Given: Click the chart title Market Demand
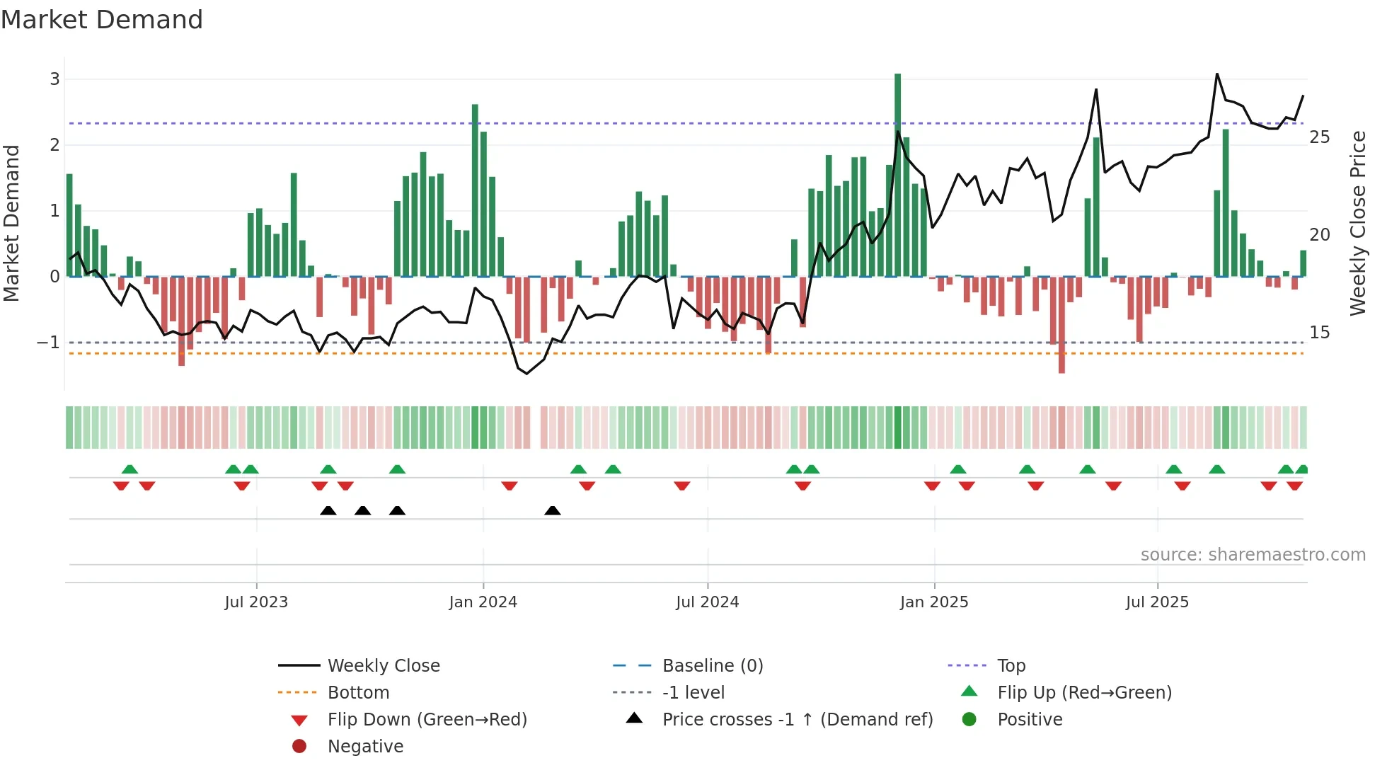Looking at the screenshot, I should [x=102, y=20].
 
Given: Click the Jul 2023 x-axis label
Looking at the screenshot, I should [x=256, y=602].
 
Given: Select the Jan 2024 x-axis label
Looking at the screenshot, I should [x=483, y=602].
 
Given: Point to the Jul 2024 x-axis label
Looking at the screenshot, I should [x=707, y=602].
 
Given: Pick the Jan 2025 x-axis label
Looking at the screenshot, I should [x=934, y=602].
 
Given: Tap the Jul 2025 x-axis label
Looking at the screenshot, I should [x=1157, y=602].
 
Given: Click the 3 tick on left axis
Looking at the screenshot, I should [x=54, y=79].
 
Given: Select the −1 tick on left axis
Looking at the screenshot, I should [x=49, y=343].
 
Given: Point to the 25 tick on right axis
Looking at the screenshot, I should [x=1319, y=137].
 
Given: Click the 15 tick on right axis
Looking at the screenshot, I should [x=1319, y=333].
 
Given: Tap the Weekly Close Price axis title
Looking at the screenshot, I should [x=1357, y=223].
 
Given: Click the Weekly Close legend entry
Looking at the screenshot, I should [x=383, y=666].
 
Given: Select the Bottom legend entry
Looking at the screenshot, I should [x=358, y=693].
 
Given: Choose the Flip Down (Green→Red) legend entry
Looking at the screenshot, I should [x=427, y=720].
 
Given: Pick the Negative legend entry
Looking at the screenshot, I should [x=365, y=747].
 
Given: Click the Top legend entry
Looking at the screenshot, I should [x=1011, y=666].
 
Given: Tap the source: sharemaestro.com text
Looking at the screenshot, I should [x=1253, y=555].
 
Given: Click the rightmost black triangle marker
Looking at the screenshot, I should [x=553, y=511].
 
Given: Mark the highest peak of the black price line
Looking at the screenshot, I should [x=1217, y=74].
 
